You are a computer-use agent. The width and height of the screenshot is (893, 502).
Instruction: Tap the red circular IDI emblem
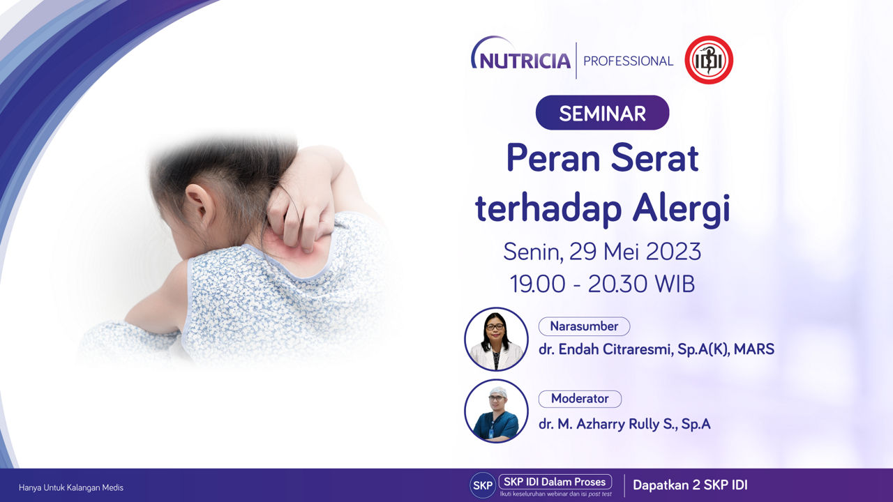click(709, 60)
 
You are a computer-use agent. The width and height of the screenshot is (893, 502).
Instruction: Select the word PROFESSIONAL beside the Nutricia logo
click(628, 61)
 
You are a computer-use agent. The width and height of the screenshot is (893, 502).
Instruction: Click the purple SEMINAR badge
click(602, 113)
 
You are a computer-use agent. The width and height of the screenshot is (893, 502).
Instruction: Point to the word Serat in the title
click(655, 158)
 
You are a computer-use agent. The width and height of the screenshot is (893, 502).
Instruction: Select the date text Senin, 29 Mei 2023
click(602, 252)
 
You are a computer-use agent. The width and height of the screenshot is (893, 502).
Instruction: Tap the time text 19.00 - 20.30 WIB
click(602, 284)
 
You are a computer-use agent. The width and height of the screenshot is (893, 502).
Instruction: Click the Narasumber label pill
click(584, 326)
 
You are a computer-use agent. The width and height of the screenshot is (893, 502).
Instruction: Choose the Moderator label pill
click(580, 399)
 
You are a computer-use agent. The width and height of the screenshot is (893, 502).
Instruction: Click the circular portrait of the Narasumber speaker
click(496, 339)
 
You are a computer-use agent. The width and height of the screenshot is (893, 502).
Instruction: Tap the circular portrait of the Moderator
click(496, 411)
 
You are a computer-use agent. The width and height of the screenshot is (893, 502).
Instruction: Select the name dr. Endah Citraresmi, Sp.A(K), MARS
click(656, 349)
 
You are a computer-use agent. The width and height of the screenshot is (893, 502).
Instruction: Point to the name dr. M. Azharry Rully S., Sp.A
click(624, 424)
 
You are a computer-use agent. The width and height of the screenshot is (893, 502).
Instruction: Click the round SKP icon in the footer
click(483, 485)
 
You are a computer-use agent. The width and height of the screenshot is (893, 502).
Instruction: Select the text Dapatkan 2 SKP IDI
click(690, 485)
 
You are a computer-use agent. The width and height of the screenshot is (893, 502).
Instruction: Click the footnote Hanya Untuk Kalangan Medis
click(71, 487)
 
